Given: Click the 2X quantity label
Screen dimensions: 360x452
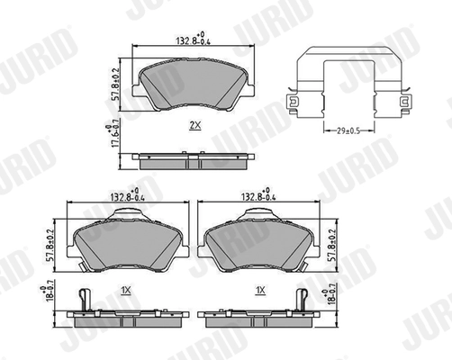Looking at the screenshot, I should (x=194, y=124).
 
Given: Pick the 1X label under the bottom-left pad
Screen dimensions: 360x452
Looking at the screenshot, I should (x=127, y=290).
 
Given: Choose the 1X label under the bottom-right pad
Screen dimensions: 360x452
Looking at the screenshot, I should (x=260, y=290).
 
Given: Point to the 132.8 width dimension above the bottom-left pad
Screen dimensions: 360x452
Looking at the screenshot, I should (x=127, y=195).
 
